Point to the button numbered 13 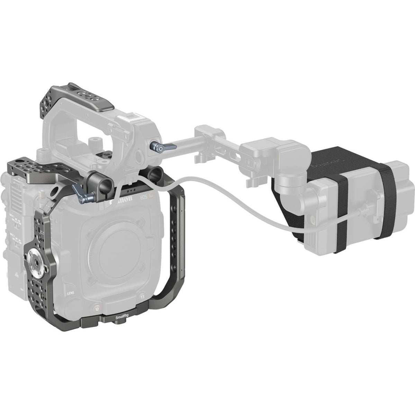click(142, 297)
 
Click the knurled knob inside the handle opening click(94, 142)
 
